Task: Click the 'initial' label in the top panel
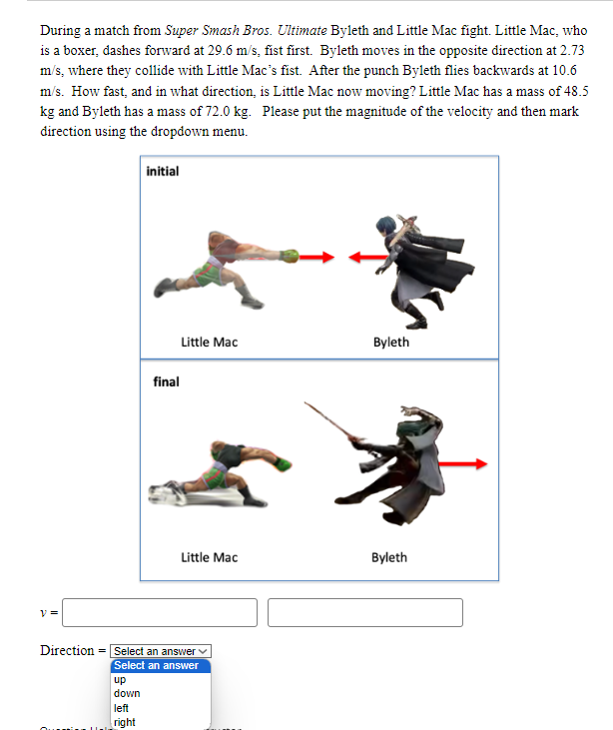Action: click(163, 171)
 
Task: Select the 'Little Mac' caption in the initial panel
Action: click(209, 342)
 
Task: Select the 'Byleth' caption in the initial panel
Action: click(390, 342)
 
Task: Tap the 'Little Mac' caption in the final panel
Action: click(209, 556)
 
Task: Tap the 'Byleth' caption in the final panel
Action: click(389, 556)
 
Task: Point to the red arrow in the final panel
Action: click(466, 462)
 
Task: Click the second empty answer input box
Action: click(364, 612)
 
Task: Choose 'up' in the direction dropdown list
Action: click(120, 679)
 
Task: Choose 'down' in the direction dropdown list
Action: click(127, 693)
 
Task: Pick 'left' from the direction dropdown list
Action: click(122, 707)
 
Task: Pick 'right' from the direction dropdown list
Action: click(125, 721)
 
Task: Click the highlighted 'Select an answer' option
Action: click(157, 665)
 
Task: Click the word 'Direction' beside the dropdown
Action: click(67, 651)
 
